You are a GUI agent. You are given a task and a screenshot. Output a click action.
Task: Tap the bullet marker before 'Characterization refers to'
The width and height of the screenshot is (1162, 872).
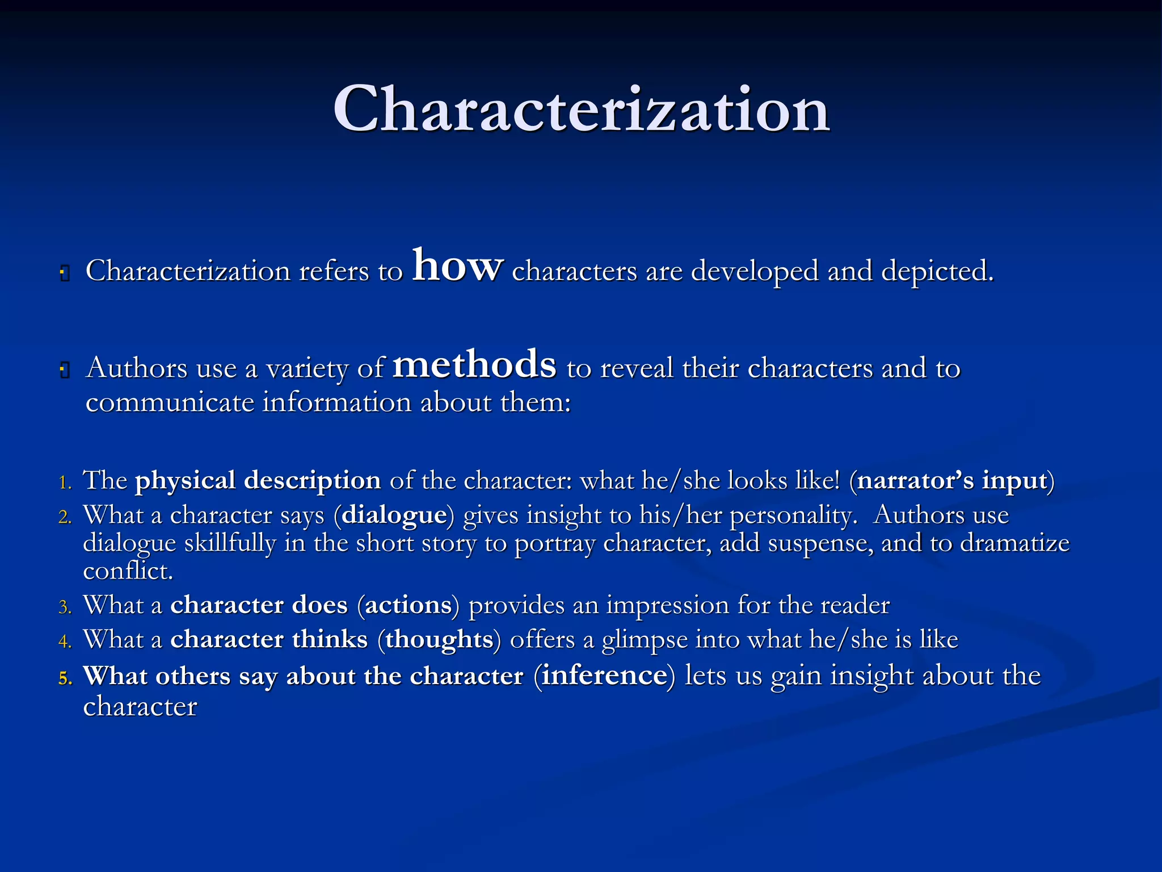click(x=65, y=274)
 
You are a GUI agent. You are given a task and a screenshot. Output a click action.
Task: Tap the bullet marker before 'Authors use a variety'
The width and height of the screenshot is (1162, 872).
click(x=65, y=371)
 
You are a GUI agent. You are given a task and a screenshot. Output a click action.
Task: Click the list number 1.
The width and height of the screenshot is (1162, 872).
click(x=65, y=483)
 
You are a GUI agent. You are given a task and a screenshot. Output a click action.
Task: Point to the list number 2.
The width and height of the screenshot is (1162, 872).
click(x=65, y=517)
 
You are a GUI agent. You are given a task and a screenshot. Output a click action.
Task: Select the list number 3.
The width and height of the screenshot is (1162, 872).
click(x=65, y=607)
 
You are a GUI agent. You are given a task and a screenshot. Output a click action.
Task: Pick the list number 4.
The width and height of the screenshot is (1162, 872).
click(x=65, y=642)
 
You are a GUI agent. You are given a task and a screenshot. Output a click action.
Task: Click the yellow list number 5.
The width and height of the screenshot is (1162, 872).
click(x=65, y=678)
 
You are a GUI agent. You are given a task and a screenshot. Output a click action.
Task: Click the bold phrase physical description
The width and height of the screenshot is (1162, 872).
click(x=258, y=481)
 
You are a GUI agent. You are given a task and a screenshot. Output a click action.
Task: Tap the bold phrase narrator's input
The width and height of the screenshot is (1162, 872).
click(x=952, y=481)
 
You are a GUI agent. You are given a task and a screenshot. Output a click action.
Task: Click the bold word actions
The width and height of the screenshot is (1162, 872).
click(x=409, y=605)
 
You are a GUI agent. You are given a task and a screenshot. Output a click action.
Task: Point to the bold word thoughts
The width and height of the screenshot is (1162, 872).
click(x=439, y=640)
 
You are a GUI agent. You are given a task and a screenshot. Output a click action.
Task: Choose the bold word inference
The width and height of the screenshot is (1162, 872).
click(x=604, y=676)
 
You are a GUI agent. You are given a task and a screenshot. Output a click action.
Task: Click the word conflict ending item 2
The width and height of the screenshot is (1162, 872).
click(x=127, y=571)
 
